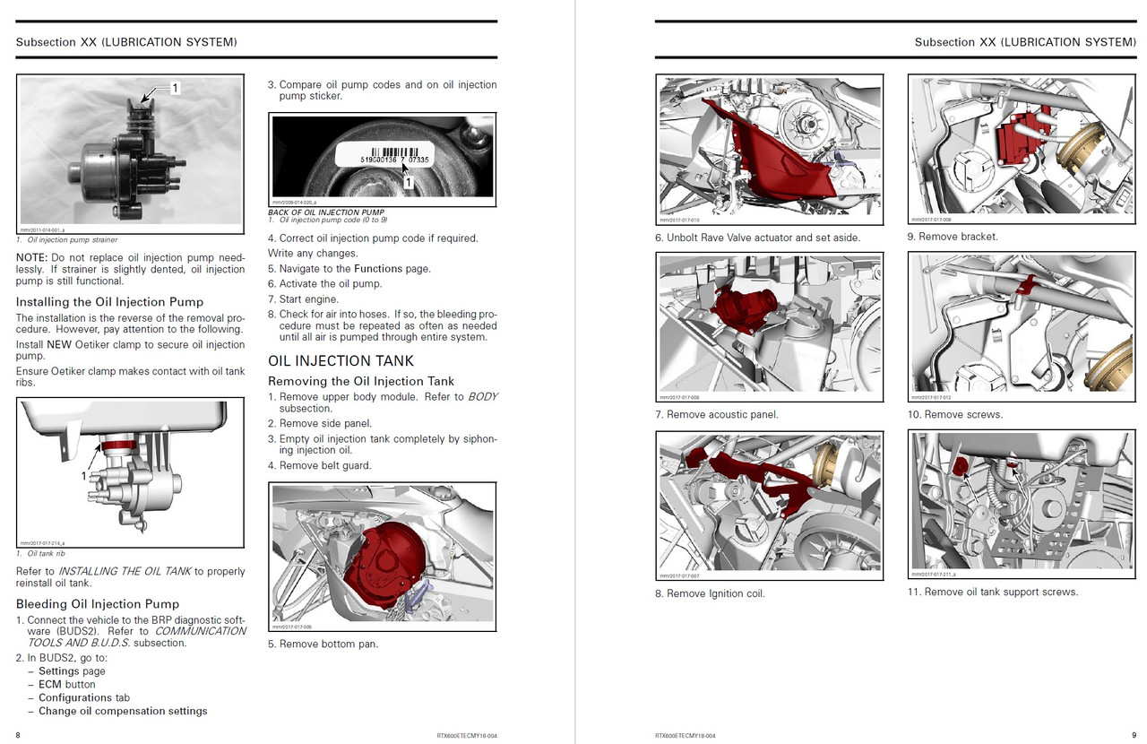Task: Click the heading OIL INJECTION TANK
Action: pyautogui.click(x=341, y=360)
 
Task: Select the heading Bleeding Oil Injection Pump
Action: pyautogui.click(x=98, y=603)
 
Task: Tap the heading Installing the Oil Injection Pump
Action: pyautogui.click(x=109, y=301)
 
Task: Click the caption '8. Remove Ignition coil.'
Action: pyautogui.click(x=710, y=593)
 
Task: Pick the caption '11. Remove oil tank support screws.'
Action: pyautogui.click(x=992, y=592)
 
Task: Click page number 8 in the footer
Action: pyautogui.click(x=19, y=735)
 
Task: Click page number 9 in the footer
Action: pyautogui.click(x=1134, y=735)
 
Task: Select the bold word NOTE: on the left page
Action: pyautogui.click(x=33, y=256)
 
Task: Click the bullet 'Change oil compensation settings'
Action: pyautogui.click(x=123, y=711)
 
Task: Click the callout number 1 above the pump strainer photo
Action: pyautogui.click(x=175, y=88)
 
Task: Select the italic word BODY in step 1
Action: pyautogui.click(x=482, y=396)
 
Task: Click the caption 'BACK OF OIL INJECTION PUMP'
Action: pyautogui.click(x=326, y=212)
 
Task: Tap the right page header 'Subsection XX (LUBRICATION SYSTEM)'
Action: pyautogui.click(x=1025, y=42)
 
